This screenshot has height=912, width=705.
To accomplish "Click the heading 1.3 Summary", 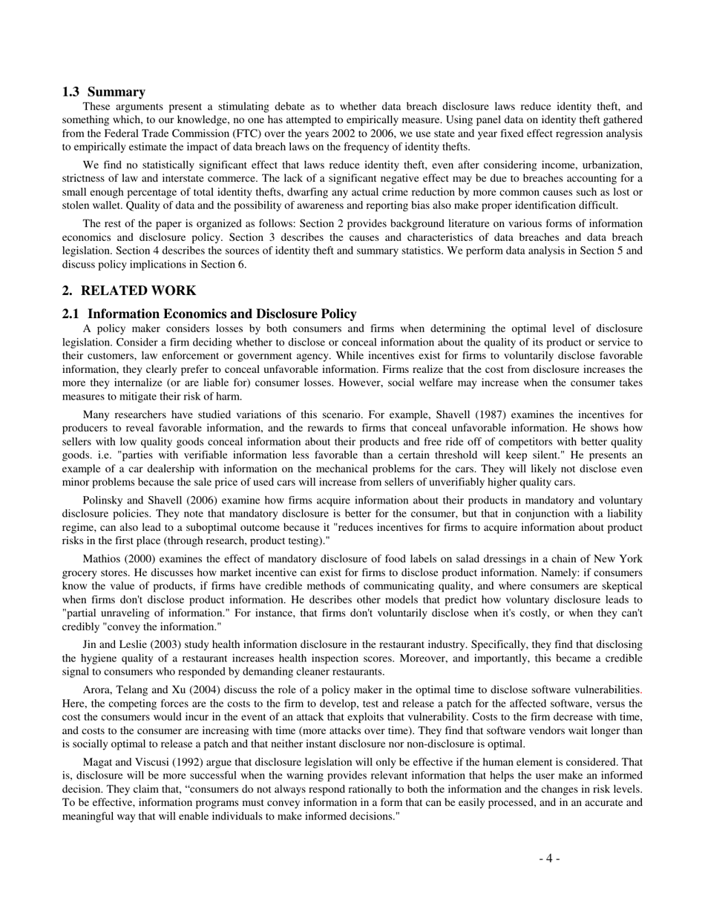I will pyautogui.click(x=103, y=92).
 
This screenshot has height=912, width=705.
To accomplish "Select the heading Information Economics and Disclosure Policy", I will pyautogui.click(x=222, y=314).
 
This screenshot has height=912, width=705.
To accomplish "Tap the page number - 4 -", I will pyautogui.click(x=549, y=859).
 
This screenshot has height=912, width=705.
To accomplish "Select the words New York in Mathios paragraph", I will pyautogui.click(x=618, y=559).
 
